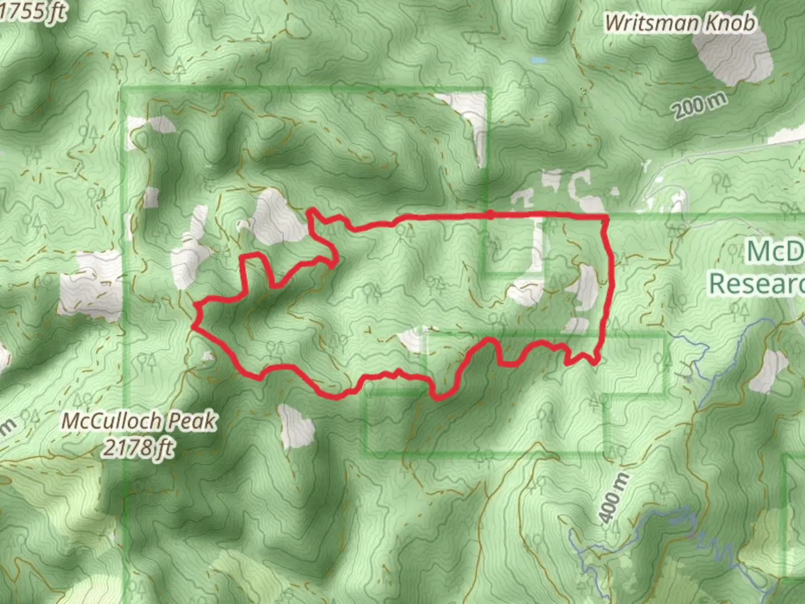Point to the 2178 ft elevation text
pos(138,447)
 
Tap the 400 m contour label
pos(615,498)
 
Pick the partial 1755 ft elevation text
pos(31,12)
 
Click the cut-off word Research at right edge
pos(757,284)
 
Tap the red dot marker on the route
pos(490,215)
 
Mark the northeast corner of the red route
pos(606,216)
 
